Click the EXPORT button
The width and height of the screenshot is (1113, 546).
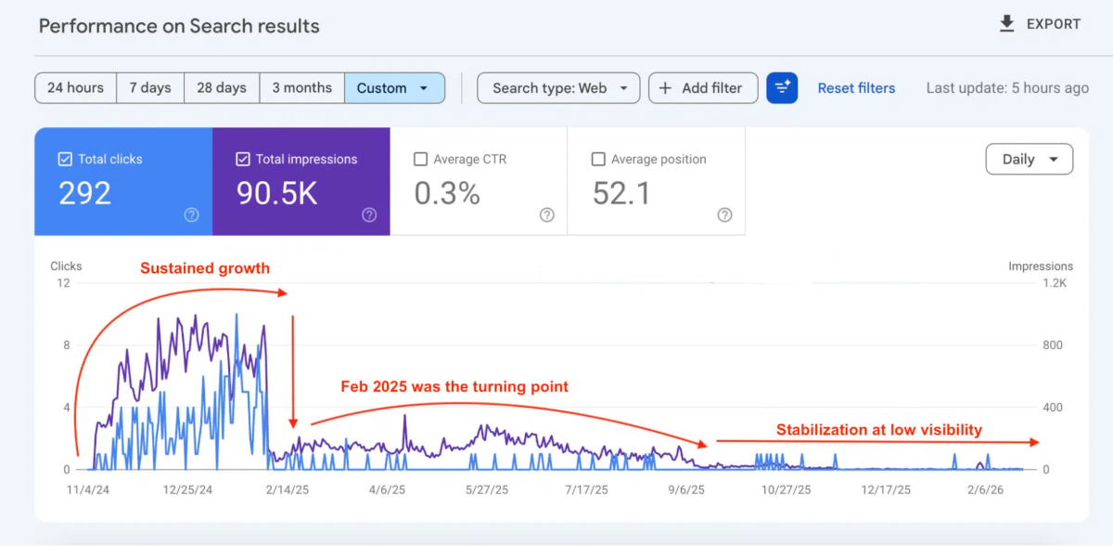pos(1039,25)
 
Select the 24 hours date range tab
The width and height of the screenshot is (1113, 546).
pos(75,88)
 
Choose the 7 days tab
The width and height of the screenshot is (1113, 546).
pos(150,88)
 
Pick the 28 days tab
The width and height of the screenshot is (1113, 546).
pos(222,88)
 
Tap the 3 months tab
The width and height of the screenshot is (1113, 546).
pos(301,88)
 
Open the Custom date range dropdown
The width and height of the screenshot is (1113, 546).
pos(394,88)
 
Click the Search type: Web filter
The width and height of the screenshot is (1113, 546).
pos(558,88)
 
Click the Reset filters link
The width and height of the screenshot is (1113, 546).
pos(856,88)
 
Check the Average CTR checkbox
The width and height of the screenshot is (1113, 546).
pos(420,160)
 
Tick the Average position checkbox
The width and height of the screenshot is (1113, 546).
pos(598,160)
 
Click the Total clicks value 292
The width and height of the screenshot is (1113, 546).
pos(84,193)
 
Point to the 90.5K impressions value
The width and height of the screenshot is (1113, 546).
pos(276,193)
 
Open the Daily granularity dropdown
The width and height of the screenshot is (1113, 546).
pos(1029,160)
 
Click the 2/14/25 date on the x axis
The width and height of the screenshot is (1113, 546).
pos(288,489)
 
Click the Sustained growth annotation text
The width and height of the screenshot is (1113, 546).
pos(205,268)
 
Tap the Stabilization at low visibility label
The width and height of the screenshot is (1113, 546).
pos(878,429)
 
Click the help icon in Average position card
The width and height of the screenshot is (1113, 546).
pos(724,214)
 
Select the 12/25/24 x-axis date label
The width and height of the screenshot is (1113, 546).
pos(187,489)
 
